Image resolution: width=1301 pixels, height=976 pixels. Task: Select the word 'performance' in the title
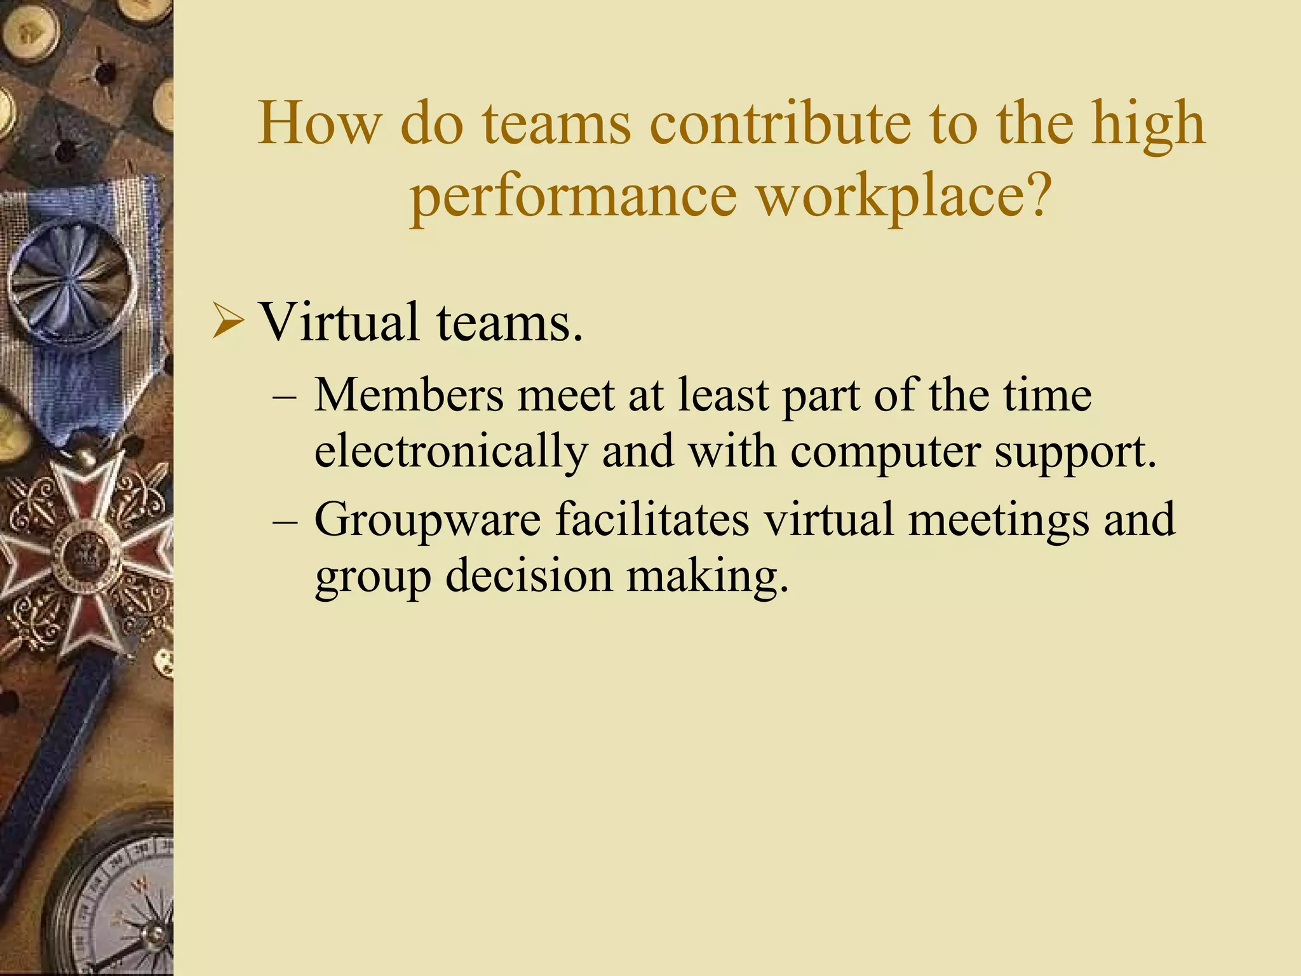point(573,196)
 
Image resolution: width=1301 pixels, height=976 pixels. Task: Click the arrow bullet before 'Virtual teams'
point(227,322)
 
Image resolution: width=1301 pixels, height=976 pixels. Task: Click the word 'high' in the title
point(1148,124)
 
